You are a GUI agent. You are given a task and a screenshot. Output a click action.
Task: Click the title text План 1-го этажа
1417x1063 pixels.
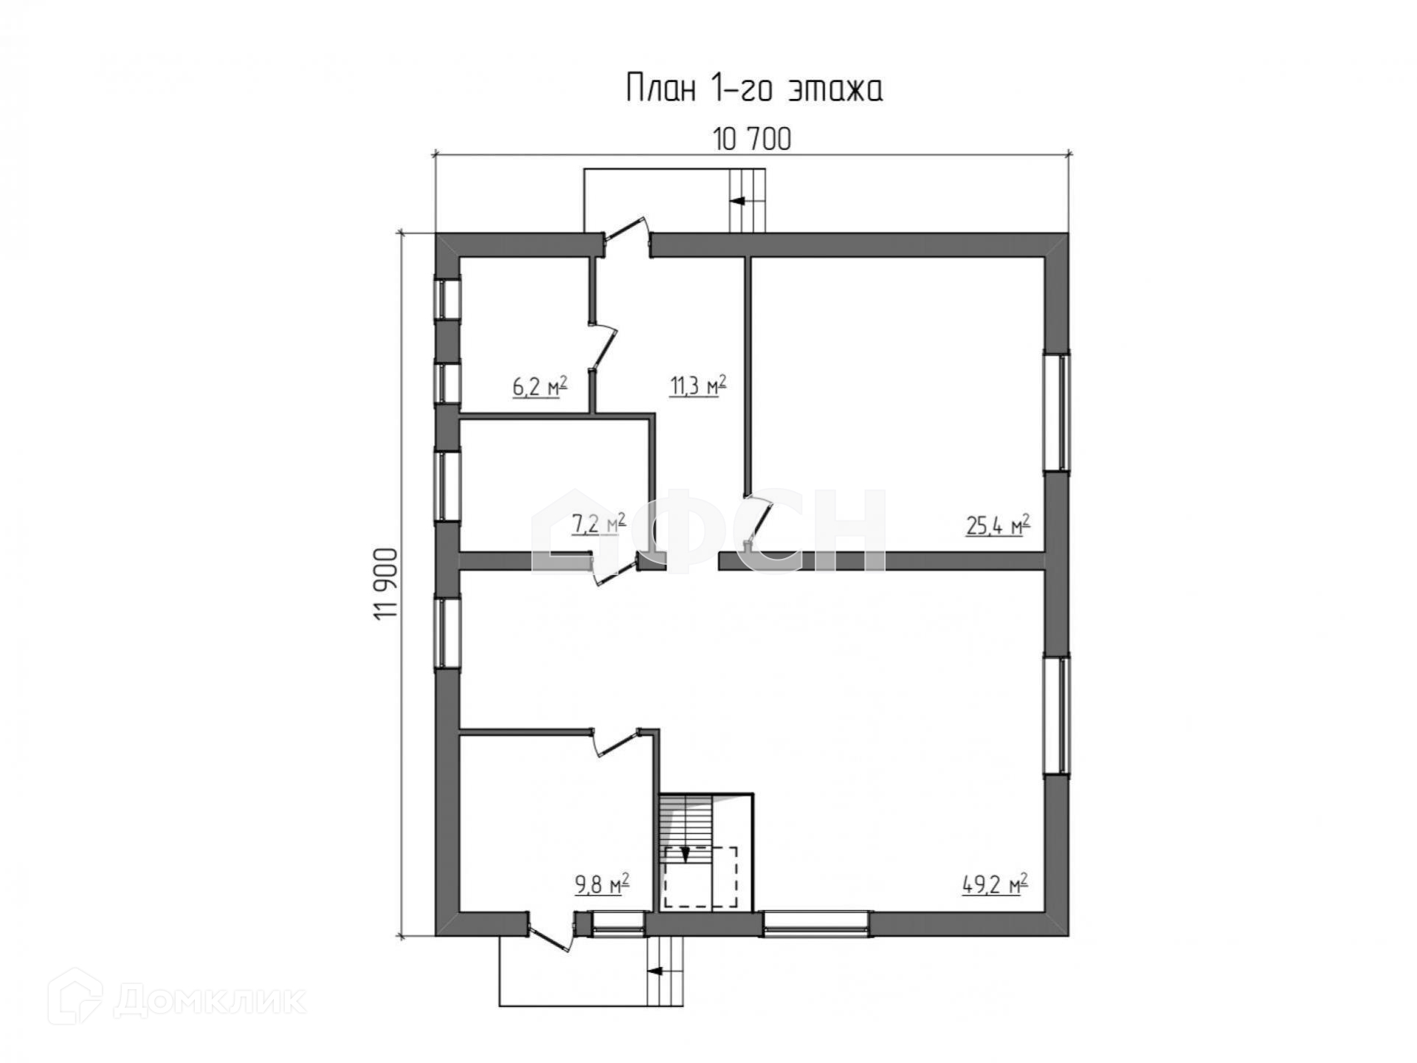click(x=754, y=89)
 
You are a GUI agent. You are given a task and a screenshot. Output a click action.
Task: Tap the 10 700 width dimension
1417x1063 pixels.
click(x=751, y=139)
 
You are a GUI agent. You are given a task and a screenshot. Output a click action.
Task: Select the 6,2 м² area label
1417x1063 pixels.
click(x=539, y=386)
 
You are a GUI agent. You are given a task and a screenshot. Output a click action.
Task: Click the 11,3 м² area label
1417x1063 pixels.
click(x=697, y=385)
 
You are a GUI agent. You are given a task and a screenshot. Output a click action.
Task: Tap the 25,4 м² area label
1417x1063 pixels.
click(x=998, y=526)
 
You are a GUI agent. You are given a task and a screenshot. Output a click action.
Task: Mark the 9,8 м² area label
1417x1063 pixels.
click(x=602, y=884)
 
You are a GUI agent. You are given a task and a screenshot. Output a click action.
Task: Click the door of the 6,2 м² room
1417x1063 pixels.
click(x=603, y=345)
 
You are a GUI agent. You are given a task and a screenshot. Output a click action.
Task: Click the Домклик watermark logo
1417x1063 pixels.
click(x=177, y=1002)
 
